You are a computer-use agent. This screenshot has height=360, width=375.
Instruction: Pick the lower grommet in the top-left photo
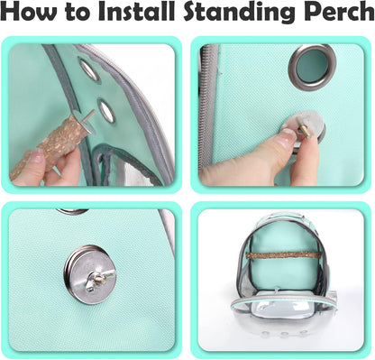coord(106,111)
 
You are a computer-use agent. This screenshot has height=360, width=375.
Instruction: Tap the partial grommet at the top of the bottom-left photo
coord(71,212)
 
